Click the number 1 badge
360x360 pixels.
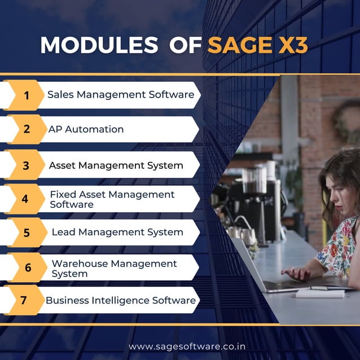click(26, 95)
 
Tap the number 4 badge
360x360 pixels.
click(25, 199)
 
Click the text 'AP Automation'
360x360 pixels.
click(86, 129)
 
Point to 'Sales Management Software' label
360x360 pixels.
click(121, 94)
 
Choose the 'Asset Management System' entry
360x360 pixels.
click(116, 165)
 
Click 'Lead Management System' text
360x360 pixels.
click(117, 232)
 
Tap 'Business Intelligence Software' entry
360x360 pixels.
click(121, 300)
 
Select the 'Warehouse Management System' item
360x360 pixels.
click(114, 268)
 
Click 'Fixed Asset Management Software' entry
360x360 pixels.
click(112, 199)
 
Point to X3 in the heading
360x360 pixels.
click(292, 45)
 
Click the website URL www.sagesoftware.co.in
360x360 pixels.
click(187, 345)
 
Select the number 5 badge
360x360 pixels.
click(27, 232)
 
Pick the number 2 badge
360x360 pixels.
click(27, 129)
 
